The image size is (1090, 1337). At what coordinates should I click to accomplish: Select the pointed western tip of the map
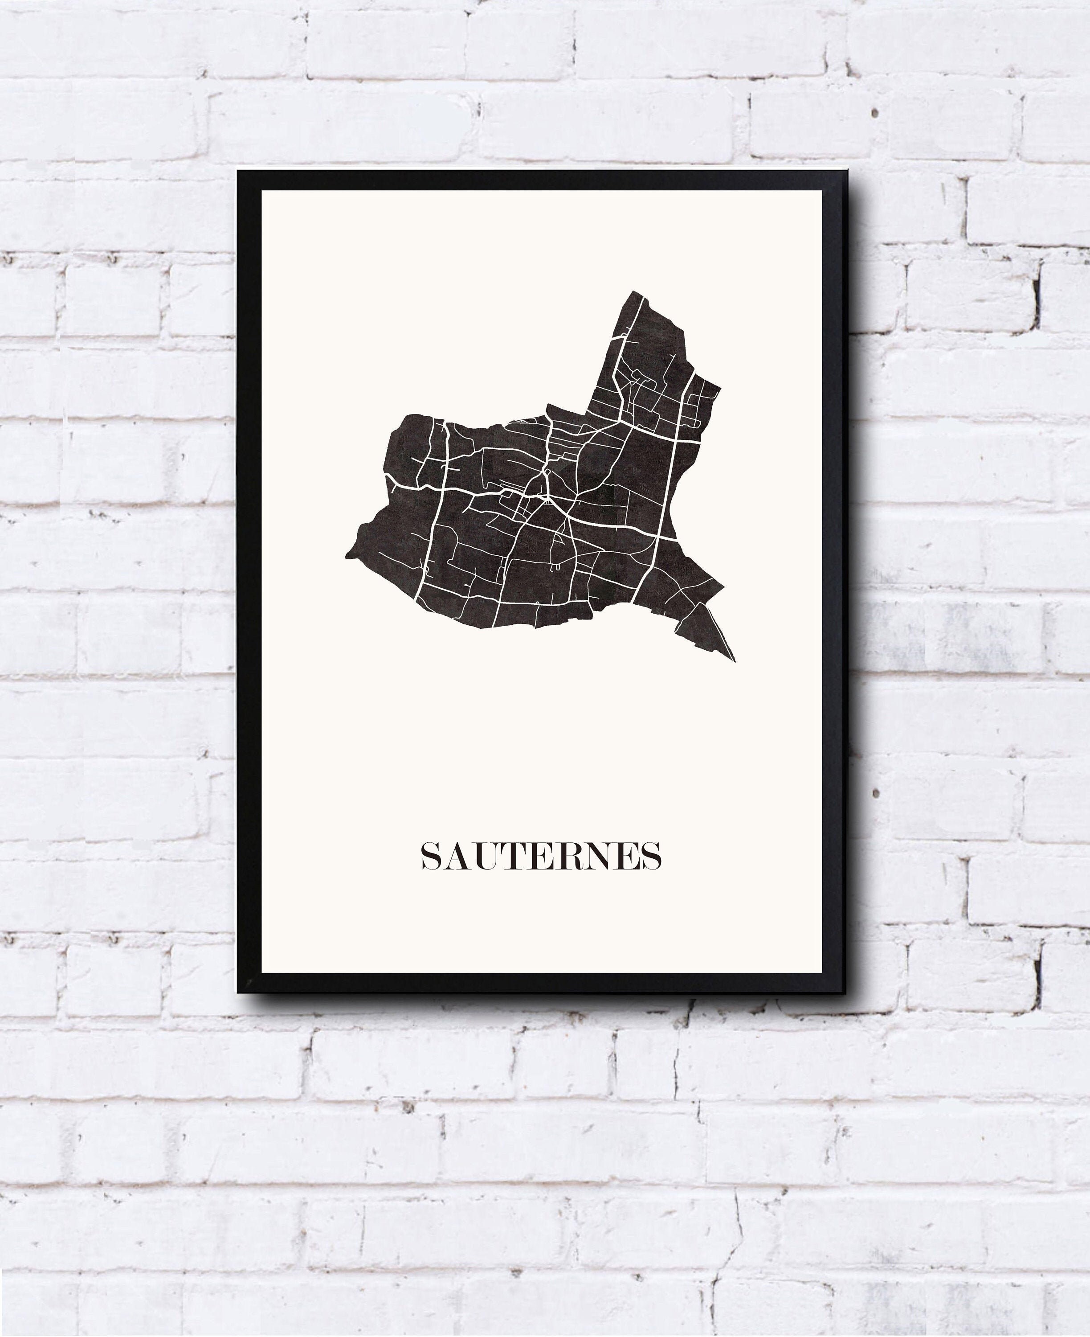point(347,556)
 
